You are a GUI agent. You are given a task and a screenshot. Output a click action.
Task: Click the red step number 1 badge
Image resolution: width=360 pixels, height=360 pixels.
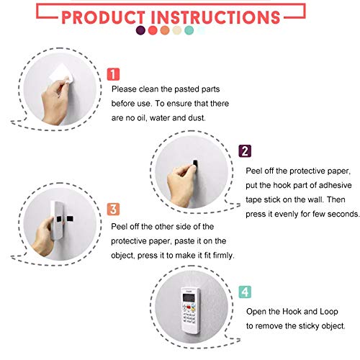[x=113, y=74]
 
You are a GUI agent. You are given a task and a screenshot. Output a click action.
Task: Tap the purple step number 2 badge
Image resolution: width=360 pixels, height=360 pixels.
[x=245, y=151]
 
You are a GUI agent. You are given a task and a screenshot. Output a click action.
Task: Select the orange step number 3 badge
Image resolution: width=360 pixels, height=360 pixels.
[x=113, y=209]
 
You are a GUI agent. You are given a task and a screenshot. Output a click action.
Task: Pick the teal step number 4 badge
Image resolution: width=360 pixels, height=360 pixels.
[x=245, y=292]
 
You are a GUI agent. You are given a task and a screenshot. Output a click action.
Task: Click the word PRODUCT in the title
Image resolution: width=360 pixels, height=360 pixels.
[x=103, y=17]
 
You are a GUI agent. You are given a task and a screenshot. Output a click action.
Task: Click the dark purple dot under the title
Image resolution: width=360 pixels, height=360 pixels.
[x=140, y=30]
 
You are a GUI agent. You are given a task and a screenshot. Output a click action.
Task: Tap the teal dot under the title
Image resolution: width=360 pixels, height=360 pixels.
[x=189, y=30]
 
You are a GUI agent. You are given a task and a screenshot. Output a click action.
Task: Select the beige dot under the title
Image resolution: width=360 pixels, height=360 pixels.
[x=177, y=30]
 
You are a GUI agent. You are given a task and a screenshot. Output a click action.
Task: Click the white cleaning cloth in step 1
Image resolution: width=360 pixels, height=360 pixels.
[x=60, y=73]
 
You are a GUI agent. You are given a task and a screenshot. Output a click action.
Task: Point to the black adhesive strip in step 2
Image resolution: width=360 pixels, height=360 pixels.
[x=196, y=163]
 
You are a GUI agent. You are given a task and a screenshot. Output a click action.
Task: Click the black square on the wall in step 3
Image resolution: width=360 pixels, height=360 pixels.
[x=70, y=219]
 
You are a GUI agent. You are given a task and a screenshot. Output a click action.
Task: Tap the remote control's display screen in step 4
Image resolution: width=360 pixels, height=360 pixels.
[x=189, y=298]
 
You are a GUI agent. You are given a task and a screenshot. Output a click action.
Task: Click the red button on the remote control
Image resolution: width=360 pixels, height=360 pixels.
[x=189, y=307]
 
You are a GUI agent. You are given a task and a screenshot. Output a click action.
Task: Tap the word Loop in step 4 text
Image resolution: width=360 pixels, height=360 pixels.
[x=329, y=312]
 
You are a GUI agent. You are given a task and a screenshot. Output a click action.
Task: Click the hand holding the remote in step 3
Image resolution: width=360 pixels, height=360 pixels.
[x=44, y=236]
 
